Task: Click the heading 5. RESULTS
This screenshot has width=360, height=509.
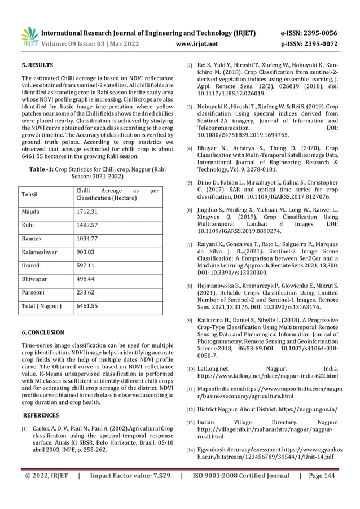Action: click(37, 65)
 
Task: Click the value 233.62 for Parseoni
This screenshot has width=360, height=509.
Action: click(86, 293)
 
